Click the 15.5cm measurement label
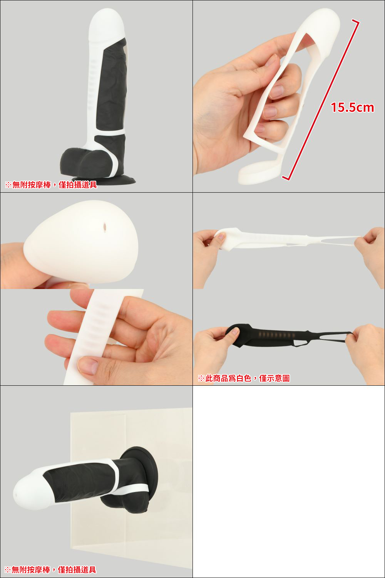[x=352, y=108]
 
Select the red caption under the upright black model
[x=51, y=185]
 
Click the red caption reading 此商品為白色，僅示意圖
[x=244, y=378]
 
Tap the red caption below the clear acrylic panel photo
[x=50, y=570]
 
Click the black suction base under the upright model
[x=104, y=180]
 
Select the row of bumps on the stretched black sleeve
[x=277, y=335]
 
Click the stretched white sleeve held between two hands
[x=286, y=239]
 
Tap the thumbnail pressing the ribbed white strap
[x=88, y=365]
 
